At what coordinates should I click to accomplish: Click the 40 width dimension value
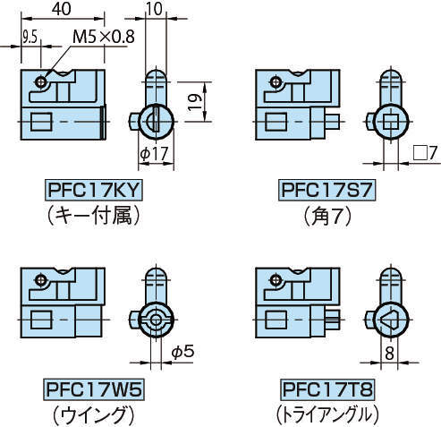pos(62,9)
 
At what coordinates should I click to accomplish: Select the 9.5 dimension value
pos(30,38)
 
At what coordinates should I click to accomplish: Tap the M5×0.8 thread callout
pos(104,37)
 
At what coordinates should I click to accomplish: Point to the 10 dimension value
pos(154,9)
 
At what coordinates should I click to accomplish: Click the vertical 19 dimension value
pos(195,102)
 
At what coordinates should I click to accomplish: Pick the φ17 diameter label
pos(154,154)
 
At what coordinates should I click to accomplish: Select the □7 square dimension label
pos(425,153)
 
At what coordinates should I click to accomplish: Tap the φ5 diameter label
pos(182,352)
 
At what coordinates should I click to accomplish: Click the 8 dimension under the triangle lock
pos(389,354)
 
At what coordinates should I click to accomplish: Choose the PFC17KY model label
pos(94,190)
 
